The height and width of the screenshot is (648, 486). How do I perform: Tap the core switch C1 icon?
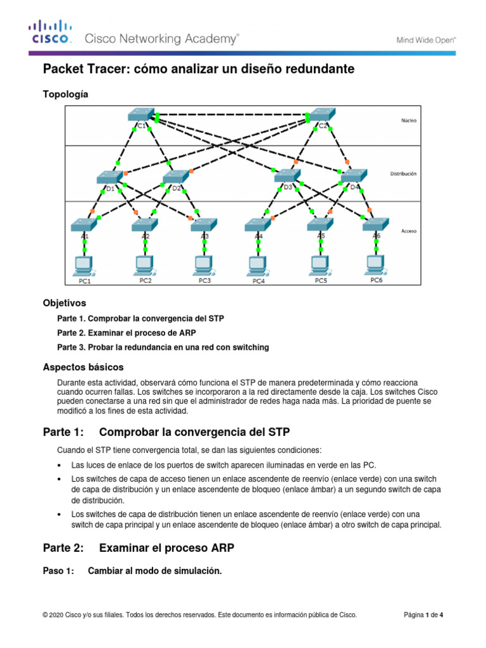(140, 115)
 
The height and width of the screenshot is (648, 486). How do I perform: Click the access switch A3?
(204, 225)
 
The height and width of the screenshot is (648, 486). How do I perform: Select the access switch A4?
(258, 225)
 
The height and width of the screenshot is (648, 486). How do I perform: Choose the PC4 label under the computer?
(259, 280)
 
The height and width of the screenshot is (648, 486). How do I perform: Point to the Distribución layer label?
(403, 172)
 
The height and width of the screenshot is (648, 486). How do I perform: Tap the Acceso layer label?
(408, 232)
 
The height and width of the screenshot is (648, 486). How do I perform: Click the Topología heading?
(65, 94)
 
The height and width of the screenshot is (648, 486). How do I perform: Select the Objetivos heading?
(64, 303)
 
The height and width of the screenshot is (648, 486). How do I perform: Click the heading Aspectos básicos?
(83, 367)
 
